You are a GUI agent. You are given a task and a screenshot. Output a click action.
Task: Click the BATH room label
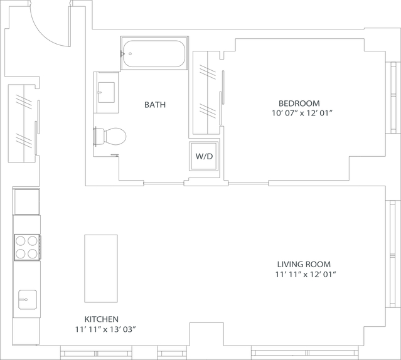coord(155,105)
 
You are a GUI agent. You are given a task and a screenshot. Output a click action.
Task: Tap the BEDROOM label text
coord(299,103)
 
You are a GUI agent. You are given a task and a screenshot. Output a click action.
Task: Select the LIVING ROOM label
coord(304,264)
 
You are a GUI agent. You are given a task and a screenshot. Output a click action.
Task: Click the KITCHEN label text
coord(102,319)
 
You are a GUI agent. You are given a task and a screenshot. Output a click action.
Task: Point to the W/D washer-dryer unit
coord(204,156)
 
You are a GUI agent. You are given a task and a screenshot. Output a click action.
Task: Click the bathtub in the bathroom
coord(154,53)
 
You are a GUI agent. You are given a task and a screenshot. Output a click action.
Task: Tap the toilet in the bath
coord(110,136)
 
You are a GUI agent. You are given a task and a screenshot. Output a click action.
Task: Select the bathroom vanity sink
coord(107,92)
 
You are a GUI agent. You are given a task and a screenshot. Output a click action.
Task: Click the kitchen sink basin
coord(28,299)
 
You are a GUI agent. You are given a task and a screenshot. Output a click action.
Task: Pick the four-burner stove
coord(27,247)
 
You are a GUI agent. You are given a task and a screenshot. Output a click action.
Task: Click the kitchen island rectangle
coord(101,268)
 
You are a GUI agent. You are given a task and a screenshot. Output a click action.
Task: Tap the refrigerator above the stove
coord(26,201)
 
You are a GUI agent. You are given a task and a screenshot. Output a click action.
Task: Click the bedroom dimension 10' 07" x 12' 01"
coord(302,113)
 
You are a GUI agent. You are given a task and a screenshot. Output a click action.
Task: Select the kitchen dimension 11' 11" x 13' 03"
coord(105,330)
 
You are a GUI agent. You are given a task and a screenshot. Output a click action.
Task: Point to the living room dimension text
coord(306,275)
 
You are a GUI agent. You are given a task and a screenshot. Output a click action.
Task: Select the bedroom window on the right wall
coord(393,97)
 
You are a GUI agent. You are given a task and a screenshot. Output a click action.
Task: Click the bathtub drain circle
coord(130,54)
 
